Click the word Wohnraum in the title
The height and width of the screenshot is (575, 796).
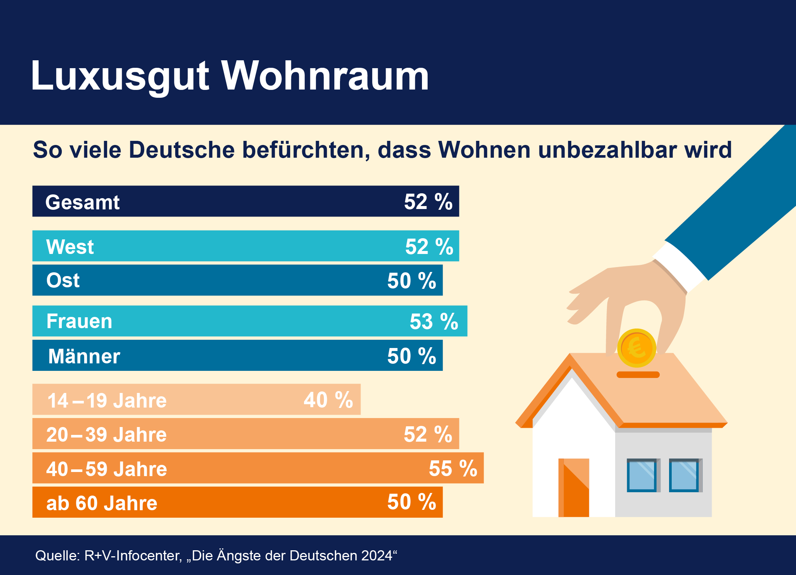click(x=325, y=76)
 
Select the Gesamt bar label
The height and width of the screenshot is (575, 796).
click(x=82, y=202)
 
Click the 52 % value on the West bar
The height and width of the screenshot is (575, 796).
click(x=429, y=246)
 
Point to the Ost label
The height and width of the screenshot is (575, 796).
click(x=63, y=280)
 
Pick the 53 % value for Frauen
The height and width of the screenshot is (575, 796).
click(x=434, y=321)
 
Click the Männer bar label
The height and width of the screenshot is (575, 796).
click(x=84, y=356)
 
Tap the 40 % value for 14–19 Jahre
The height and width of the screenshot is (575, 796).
click(x=328, y=400)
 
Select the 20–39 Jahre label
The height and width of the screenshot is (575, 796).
click(x=106, y=435)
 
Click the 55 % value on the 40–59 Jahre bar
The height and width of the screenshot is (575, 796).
click(x=453, y=468)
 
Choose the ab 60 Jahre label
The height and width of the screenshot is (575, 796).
click(x=101, y=503)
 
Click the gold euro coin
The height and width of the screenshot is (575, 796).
click(x=637, y=348)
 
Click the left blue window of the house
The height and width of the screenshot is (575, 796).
click(x=642, y=475)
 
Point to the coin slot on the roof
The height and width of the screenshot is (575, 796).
click(x=638, y=375)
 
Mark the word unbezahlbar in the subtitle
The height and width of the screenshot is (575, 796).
click(x=608, y=150)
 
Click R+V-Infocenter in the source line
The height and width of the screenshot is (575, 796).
click(x=133, y=556)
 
